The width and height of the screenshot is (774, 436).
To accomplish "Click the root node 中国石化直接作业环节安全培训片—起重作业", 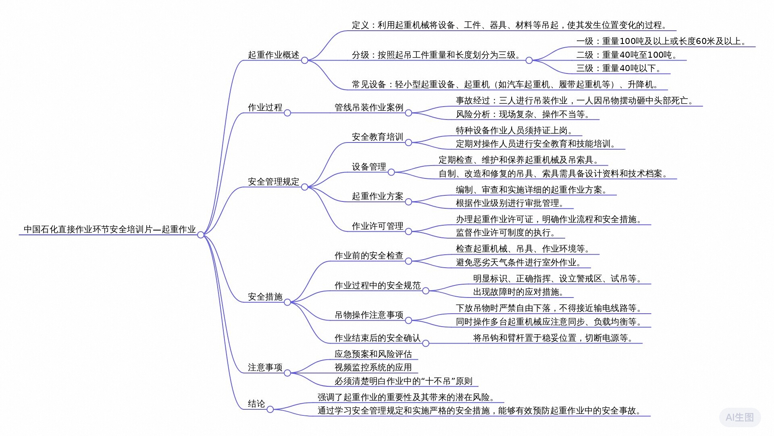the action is [110, 229].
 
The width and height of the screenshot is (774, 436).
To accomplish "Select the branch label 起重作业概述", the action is [273, 55].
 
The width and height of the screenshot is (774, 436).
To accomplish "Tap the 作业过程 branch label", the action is [265, 107].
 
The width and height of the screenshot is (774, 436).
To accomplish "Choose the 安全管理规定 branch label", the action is [273, 182].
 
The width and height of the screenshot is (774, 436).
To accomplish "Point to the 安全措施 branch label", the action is [265, 297].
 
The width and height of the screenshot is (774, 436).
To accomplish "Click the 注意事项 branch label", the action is [265, 367].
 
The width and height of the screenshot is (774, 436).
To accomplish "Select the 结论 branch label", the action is [256, 404].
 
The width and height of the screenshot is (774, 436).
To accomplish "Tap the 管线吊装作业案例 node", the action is [369, 107].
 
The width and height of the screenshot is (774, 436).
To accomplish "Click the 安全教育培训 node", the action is [377, 137].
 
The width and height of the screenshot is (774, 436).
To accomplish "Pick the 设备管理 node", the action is [369, 167].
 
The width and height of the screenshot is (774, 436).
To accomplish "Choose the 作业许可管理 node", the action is [377, 226].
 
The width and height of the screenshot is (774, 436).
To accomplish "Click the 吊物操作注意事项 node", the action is [369, 315].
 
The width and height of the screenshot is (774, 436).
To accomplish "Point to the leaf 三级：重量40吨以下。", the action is [619, 68].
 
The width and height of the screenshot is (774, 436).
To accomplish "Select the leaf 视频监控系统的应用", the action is [373, 367].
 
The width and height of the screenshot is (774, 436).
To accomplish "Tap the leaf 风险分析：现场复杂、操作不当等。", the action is [523, 114].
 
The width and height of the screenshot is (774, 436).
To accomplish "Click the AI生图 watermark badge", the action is [740, 417].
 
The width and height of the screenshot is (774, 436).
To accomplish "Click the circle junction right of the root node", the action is [201, 235].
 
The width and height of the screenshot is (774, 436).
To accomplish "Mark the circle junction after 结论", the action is [270, 409].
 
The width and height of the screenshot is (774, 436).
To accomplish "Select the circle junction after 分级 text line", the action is [529, 61].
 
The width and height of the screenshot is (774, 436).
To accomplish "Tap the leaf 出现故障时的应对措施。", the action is [518, 292].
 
